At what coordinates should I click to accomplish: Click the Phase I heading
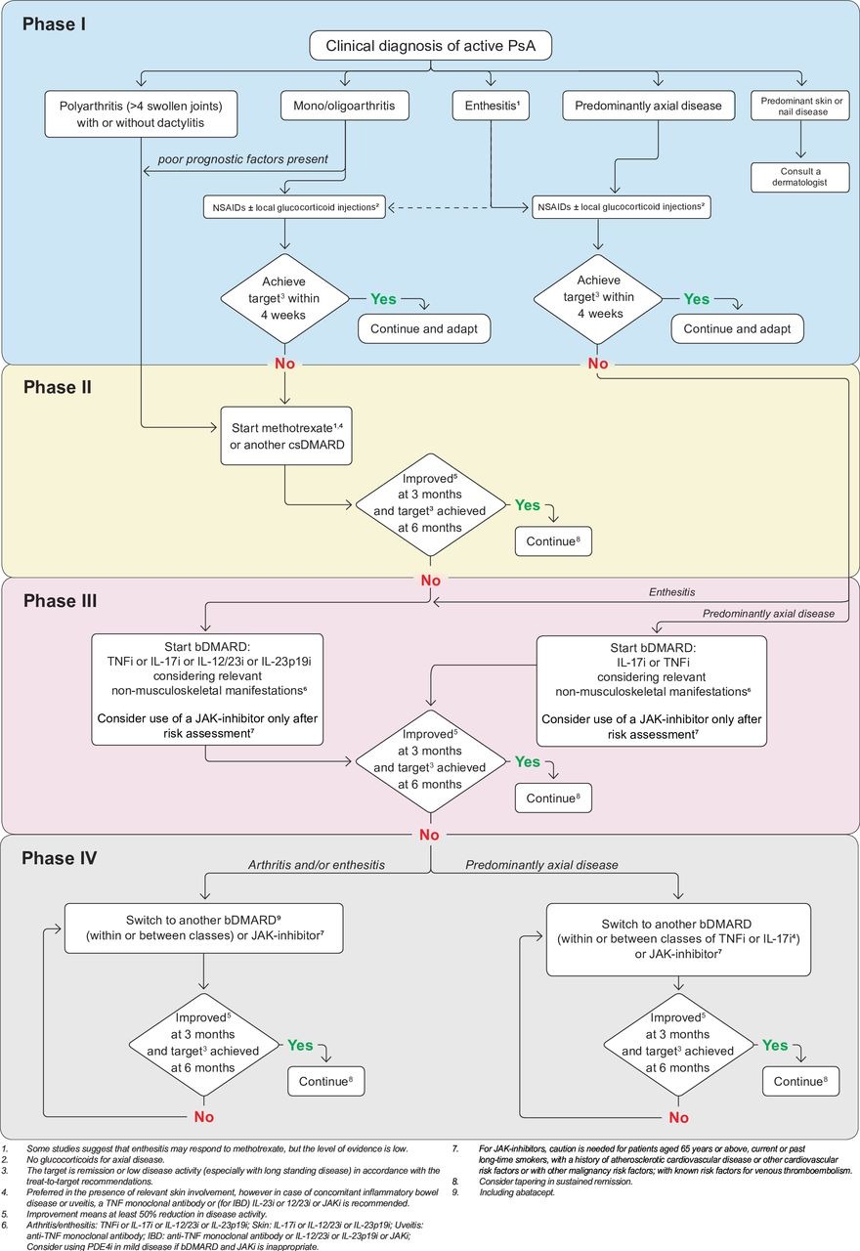[x=55, y=22]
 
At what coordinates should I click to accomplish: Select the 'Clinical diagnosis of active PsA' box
[x=429, y=45]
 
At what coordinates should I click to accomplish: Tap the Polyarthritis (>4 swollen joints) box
[x=144, y=113]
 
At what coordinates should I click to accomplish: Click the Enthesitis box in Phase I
[x=490, y=106]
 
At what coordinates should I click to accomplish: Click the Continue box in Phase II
[x=553, y=540]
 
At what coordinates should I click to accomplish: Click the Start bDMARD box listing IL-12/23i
[x=207, y=689]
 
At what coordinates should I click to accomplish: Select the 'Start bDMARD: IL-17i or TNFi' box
[x=652, y=690]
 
